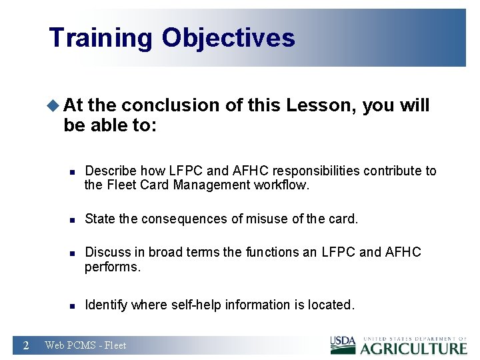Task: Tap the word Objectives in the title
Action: click(228, 38)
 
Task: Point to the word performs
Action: click(111, 267)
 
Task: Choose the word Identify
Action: click(107, 305)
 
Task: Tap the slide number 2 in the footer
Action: click(25, 345)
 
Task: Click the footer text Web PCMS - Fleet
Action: click(85, 345)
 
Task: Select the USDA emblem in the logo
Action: click(343, 345)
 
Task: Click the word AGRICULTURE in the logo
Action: click(413, 348)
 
